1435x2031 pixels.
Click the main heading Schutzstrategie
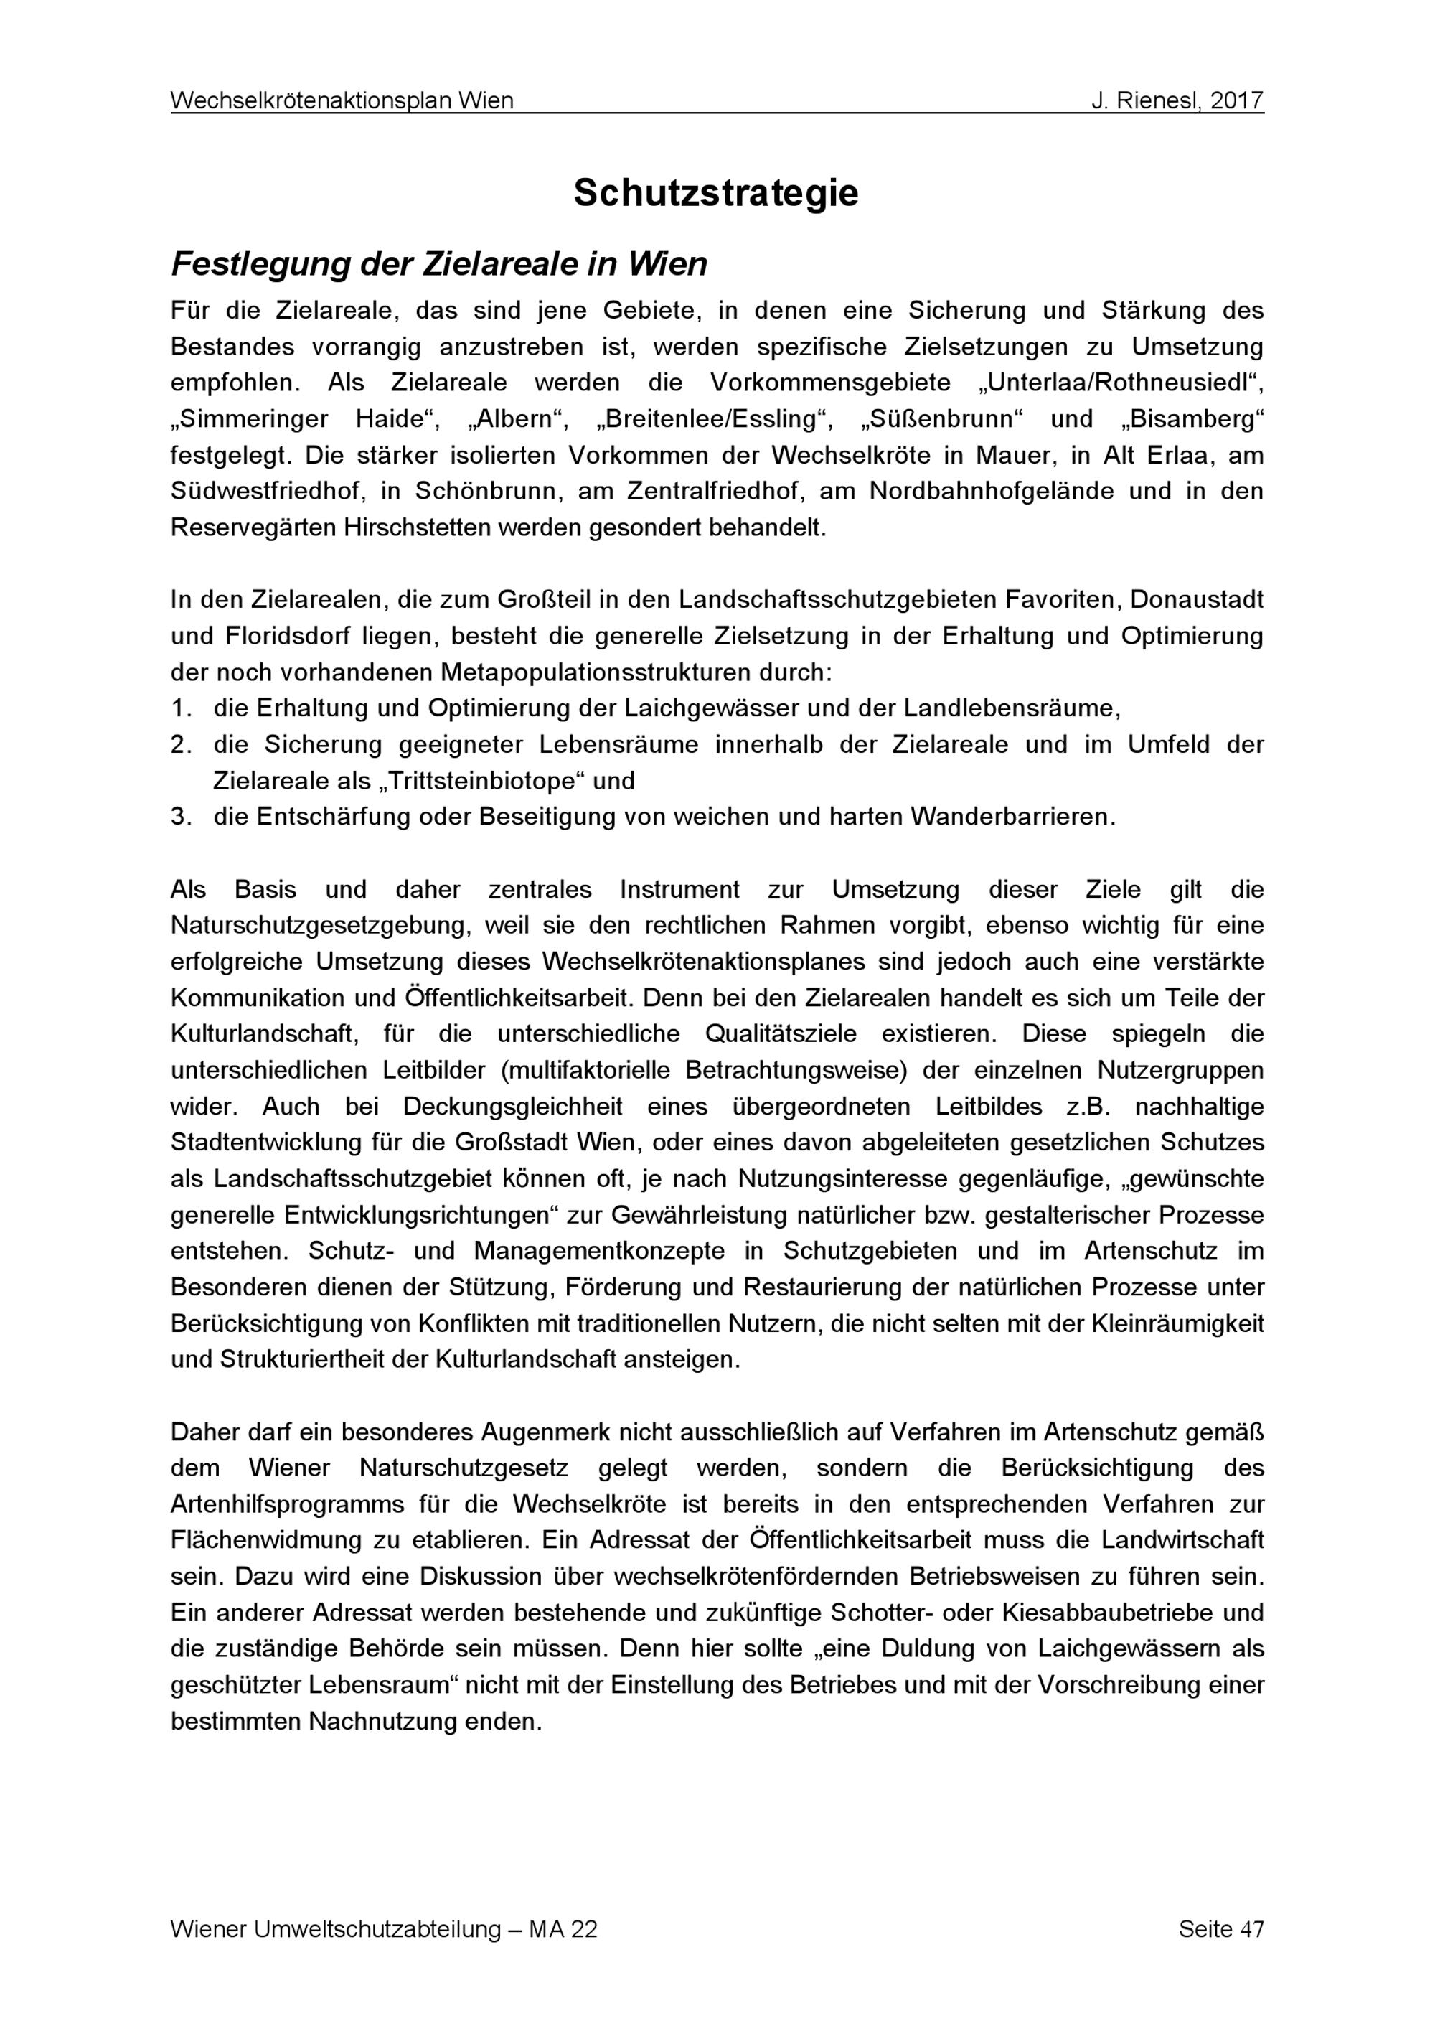point(716,193)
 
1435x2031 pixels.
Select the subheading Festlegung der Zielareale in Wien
point(438,263)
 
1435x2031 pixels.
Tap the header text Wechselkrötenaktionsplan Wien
point(342,101)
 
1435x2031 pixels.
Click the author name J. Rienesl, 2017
point(1177,101)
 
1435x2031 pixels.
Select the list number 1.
point(182,708)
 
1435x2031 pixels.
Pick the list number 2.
point(182,745)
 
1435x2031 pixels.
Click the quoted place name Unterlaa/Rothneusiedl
point(1119,383)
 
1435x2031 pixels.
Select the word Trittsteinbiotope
point(481,781)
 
